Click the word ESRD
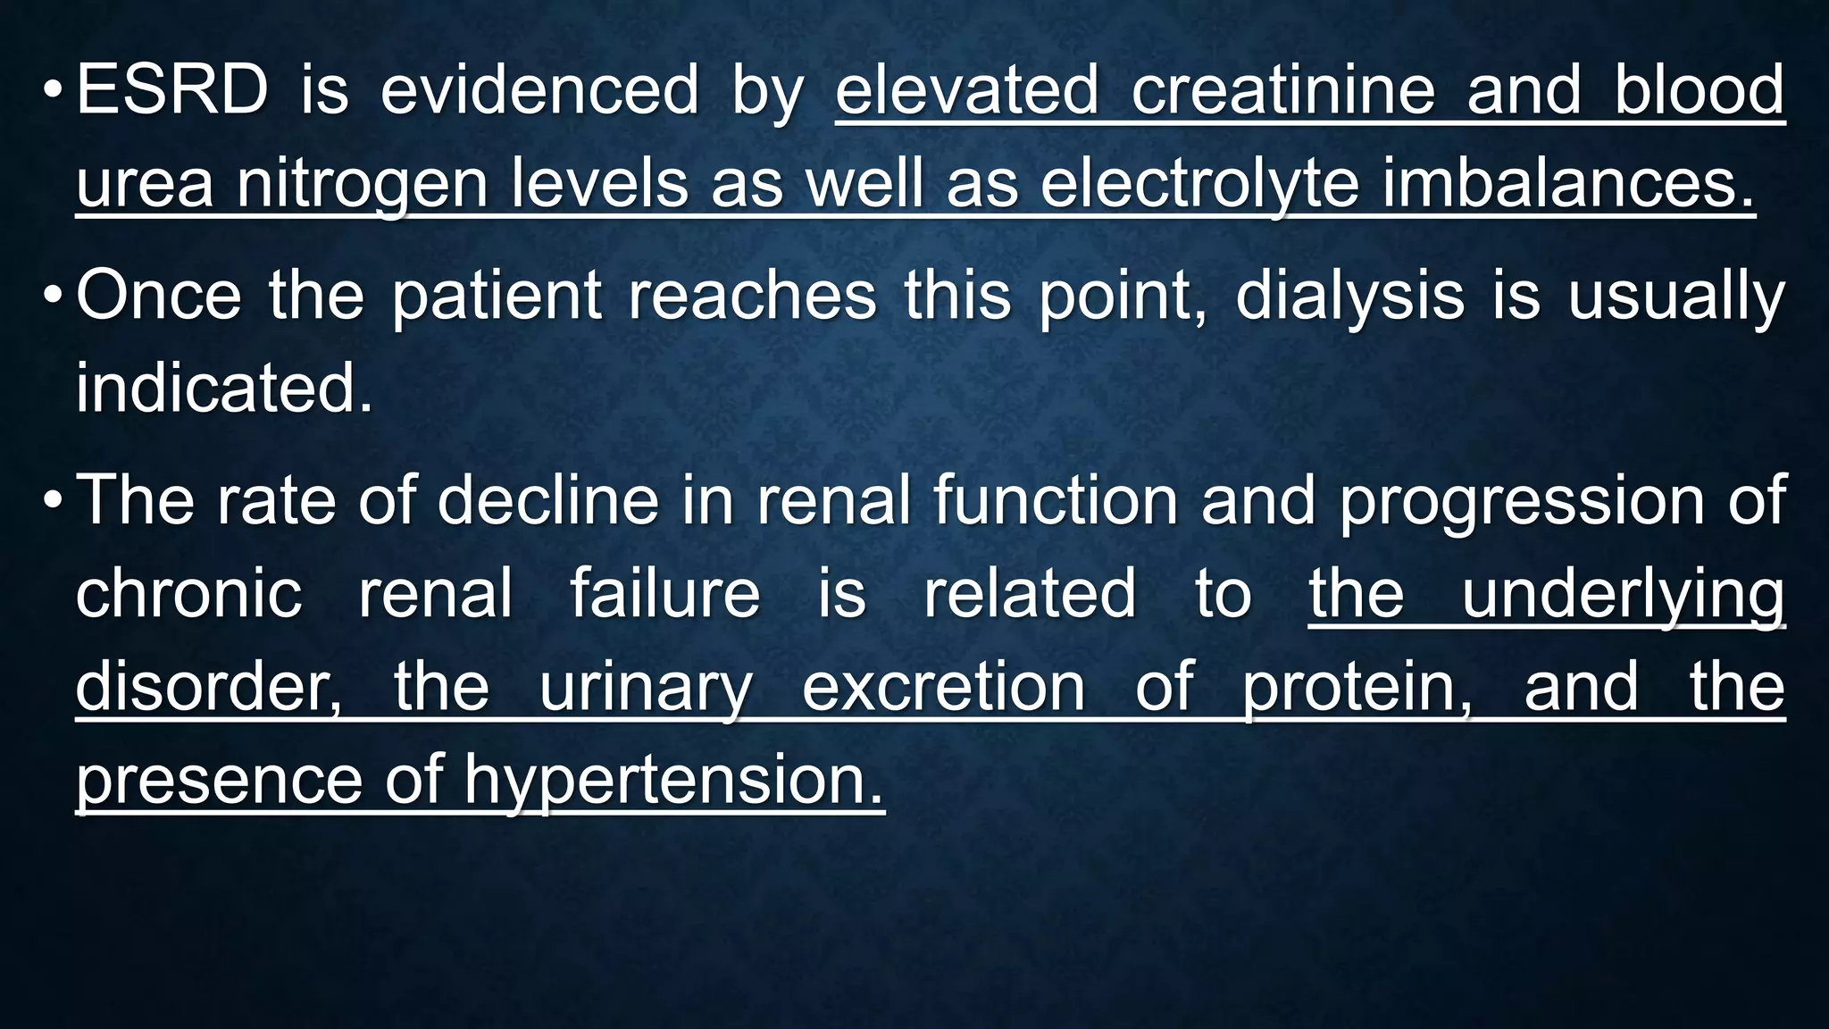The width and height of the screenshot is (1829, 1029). (x=171, y=90)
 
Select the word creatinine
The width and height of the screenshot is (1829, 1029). (x=1283, y=90)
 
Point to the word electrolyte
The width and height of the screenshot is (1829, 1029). (x=1199, y=183)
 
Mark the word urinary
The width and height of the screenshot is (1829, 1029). (x=647, y=687)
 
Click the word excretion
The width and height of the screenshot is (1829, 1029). (x=943, y=687)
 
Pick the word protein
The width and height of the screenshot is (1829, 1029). (x=1356, y=687)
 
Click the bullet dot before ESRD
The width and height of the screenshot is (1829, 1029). (x=53, y=90)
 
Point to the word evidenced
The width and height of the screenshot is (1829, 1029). (x=539, y=90)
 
